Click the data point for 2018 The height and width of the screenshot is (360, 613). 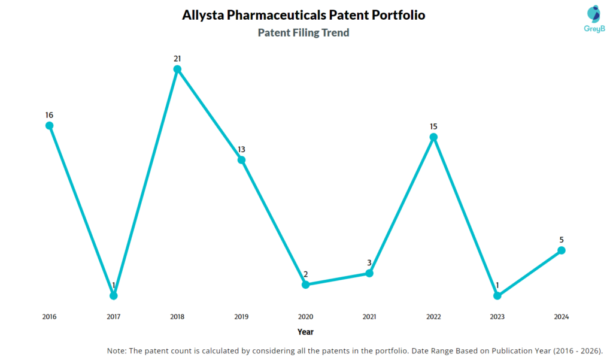click(x=177, y=69)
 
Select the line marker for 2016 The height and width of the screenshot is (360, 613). click(x=50, y=125)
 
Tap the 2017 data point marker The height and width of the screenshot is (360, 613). click(x=113, y=295)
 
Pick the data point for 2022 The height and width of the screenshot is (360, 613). click(x=433, y=137)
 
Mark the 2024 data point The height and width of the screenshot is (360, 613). click(x=562, y=250)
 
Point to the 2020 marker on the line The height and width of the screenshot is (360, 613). click(x=305, y=285)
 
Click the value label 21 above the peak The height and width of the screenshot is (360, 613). click(x=177, y=59)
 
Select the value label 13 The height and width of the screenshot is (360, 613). click(x=241, y=149)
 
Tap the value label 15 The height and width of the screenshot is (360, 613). click(x=433, y=126)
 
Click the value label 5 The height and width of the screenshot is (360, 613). click(x=562, y=240)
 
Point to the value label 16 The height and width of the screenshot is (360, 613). click(x=50, y=114)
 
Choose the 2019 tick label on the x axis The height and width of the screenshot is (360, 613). click(x=241, y=317)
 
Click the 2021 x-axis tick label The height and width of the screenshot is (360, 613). click(x=369, y=317)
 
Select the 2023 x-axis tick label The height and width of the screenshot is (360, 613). click(x=497, y=317)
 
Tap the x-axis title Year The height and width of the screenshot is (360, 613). click(x=305, y=332)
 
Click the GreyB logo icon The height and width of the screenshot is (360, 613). click(x=576, y=14)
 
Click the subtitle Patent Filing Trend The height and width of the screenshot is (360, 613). click(x=304, y=33)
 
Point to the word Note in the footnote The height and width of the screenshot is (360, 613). click(x=117, y=350)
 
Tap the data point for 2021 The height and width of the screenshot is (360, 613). click(x=369, y=273)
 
